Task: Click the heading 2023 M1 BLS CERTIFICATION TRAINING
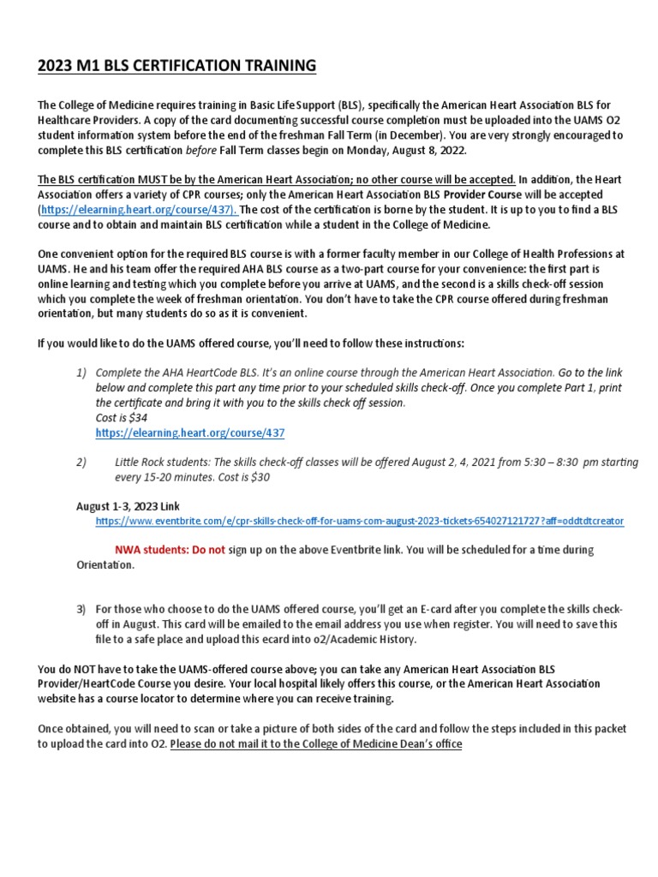(176, 65)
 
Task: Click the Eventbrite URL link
(360, 520)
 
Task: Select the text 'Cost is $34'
(122, 417)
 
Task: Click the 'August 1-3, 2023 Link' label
(129, 506)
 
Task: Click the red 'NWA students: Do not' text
(170, 549)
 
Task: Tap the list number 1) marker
(82, 373)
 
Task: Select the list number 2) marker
(82, 462)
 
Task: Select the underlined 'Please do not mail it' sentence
(316, 744)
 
